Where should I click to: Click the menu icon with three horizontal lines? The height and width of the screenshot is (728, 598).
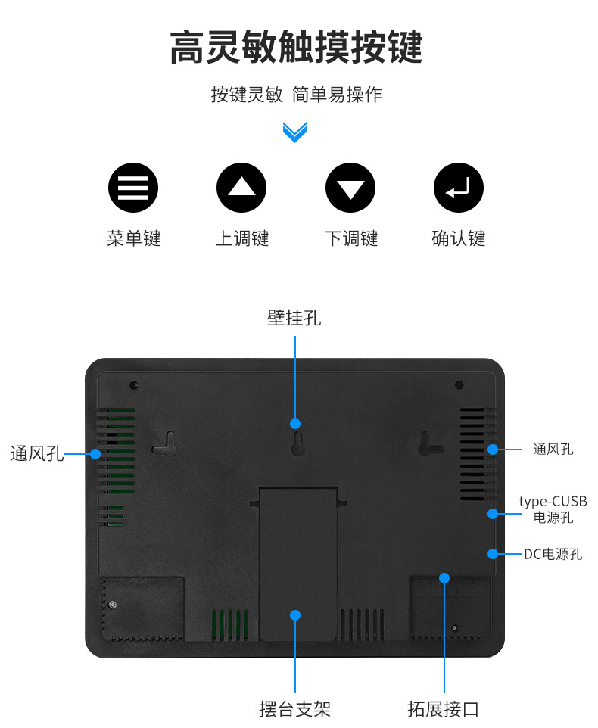click(133, 187)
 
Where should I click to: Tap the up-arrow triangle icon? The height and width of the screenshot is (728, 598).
click(241, 187)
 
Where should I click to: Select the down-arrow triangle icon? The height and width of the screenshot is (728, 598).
click(350, 187)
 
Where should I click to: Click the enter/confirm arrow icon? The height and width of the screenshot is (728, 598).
click(459, 187)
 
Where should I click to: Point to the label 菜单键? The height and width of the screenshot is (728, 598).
click(133, 238)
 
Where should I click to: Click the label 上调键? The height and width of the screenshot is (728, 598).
click(241, 238)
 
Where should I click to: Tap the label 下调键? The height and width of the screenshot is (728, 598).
click(350, 238)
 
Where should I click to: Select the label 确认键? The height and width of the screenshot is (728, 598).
click(459, 238)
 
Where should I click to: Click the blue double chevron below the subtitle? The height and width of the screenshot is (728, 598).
click(294, 132)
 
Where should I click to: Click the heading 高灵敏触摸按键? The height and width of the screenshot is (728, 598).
click(295, 48)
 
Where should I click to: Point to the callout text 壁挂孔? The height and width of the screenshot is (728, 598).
click(294, 318)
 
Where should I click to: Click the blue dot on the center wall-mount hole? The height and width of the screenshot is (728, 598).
click(295, 424)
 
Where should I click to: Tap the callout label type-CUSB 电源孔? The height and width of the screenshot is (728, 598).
click(553, 509)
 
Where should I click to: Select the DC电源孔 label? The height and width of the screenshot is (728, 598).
click(553, 554)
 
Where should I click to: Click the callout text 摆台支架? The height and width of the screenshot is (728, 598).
click(294, 709)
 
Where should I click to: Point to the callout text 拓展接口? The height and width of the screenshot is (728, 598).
click(444, 709)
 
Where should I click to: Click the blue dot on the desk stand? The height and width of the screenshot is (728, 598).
click(295, 615)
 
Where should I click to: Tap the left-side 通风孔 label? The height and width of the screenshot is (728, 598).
click(37, 454)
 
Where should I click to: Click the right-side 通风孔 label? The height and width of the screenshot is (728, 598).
click(553, 450)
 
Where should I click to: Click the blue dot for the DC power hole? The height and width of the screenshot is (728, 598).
click(493, 553)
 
